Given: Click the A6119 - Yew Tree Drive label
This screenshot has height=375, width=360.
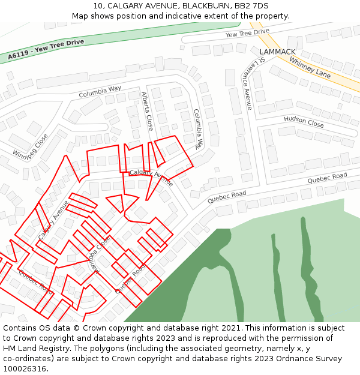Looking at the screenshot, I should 46,50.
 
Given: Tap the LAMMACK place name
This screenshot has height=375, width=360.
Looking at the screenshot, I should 277,52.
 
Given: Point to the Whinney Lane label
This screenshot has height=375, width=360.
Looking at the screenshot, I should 310,68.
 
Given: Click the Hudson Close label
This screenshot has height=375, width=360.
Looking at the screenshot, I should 304,122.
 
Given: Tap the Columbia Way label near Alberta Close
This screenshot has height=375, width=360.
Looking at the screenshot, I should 100,92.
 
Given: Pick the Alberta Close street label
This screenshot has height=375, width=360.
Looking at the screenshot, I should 147,112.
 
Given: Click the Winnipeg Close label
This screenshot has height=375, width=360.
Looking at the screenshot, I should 30,145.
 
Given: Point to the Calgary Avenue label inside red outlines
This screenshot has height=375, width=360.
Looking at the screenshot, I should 151,176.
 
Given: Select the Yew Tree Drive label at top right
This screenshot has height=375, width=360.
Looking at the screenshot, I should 247,32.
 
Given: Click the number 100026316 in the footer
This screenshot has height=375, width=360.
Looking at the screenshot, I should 24,368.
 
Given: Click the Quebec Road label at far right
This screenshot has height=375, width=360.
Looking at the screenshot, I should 328,178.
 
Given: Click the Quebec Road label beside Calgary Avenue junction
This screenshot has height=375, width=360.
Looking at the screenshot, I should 227,197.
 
